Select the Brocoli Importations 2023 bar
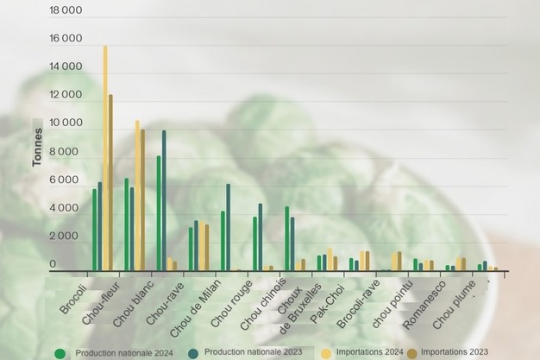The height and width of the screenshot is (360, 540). click(x=110, y=181)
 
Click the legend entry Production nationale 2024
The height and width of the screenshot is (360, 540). click(x=60, y=352)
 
